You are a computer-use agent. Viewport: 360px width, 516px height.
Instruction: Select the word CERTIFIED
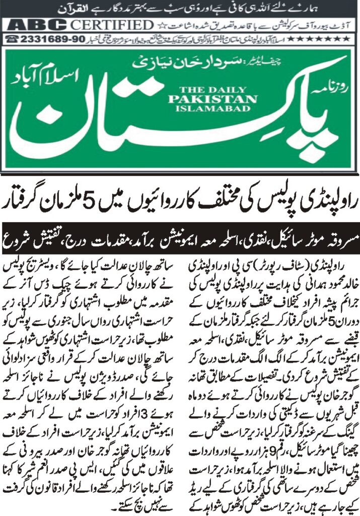pos(111,25)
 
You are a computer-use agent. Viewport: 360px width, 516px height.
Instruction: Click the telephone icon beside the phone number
pos(12,38)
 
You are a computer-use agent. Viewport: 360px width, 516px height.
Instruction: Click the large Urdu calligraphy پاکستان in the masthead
pos(166,131)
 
